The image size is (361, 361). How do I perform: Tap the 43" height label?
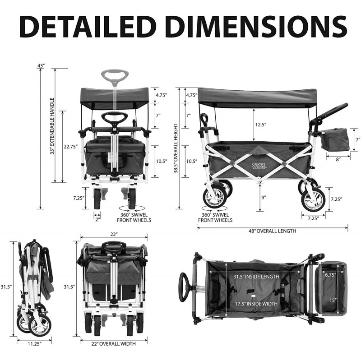tap(41, 65)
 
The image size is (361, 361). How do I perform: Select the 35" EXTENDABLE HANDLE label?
tap(52, 126)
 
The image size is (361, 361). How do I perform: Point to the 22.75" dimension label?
tap(70, 147)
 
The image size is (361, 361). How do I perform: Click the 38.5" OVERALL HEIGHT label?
tap(176, 148)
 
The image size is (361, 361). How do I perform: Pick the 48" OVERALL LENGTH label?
tap(272, 231)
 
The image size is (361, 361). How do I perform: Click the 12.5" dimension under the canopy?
tap(261, 125)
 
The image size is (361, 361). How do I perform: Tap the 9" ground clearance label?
tap(264, 197)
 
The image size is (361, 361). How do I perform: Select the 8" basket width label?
tap(338, 159)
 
